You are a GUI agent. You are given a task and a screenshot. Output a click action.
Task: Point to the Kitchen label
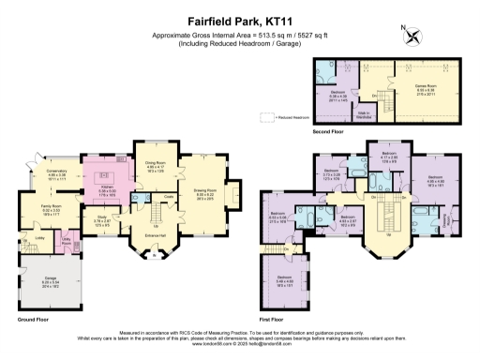[107, 188]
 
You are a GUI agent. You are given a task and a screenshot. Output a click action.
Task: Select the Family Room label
[52, 206]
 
